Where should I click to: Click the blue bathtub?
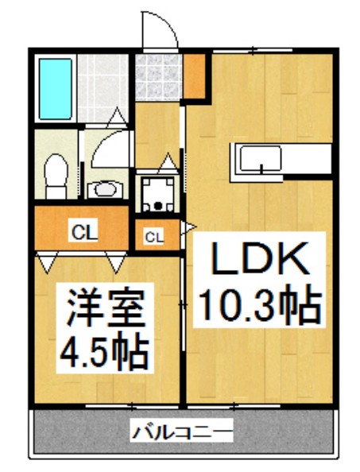(54, 87)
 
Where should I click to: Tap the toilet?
(56, 175)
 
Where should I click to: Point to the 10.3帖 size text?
(259, 303)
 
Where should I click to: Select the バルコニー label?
(182, 433)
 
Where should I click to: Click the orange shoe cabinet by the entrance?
(196, 73)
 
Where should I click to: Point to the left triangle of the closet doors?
(46, 260)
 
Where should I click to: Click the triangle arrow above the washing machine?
(167, 164)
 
